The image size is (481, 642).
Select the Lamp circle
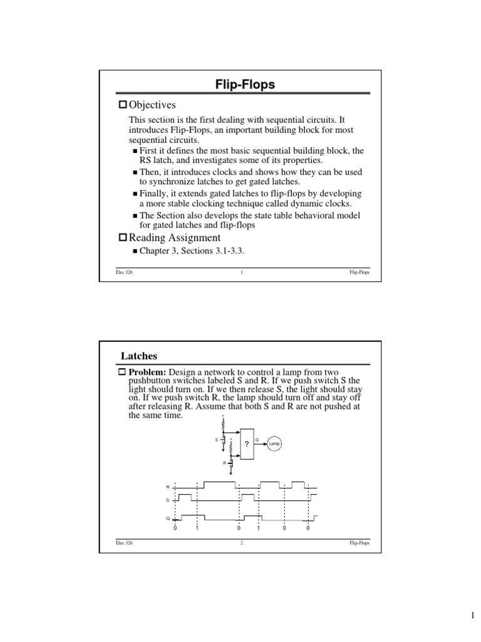(274, 444)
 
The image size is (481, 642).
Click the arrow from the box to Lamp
(261, 444)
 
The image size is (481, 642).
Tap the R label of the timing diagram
(167, 487)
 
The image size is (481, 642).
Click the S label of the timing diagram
(167, 500)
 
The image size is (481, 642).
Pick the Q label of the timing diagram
(167, 518)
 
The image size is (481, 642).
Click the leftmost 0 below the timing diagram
(175, 529)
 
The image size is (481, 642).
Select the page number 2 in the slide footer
(241, 543)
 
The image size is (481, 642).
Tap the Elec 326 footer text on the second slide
(125, 543)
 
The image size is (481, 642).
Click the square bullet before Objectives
(123, 105)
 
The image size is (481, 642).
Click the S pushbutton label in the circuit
(217, 440)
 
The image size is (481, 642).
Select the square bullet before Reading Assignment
(123, 238)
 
